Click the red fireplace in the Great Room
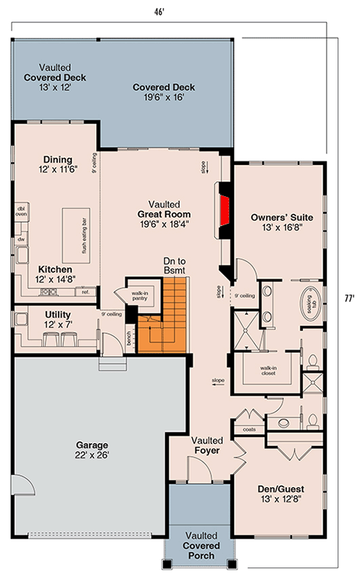coord(225,206)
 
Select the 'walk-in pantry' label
coord(140,295)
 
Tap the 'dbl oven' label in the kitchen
coord(21,211)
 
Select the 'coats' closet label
coord(250,428)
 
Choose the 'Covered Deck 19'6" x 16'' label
coord(164,92)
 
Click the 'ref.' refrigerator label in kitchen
coord(85,292)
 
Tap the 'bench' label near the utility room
coord(129,339)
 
